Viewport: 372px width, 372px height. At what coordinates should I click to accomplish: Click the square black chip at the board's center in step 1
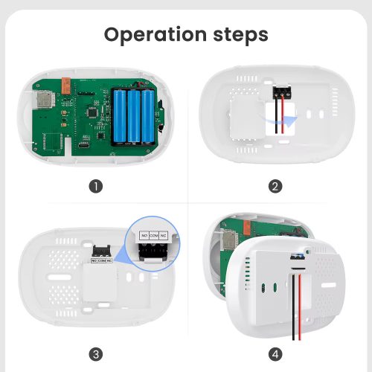pos(92,113)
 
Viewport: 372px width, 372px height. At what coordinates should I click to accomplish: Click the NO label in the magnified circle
pos(144,236)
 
